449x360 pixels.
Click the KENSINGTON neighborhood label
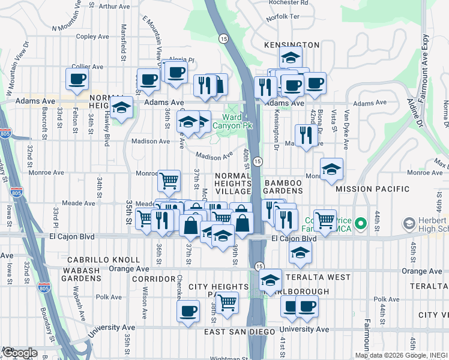(x=292, y=45)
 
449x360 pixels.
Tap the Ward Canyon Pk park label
(x=239, y=122)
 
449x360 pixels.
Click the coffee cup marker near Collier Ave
(x=77, y=79)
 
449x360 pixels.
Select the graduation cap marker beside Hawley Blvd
(x=122, y=108)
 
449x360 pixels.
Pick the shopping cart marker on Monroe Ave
(x=169, y=179)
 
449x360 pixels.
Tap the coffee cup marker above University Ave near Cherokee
(x=188, y=311)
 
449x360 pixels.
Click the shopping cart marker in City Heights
(x=226, y=302)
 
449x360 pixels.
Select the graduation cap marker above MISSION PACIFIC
(x=331, y=169)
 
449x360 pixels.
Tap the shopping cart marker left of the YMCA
(x=325, y=220)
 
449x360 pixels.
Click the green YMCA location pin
(x=360, y=224)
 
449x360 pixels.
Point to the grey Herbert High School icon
(x=409, y=224)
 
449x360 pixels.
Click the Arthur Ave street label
(x=114, y=7)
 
